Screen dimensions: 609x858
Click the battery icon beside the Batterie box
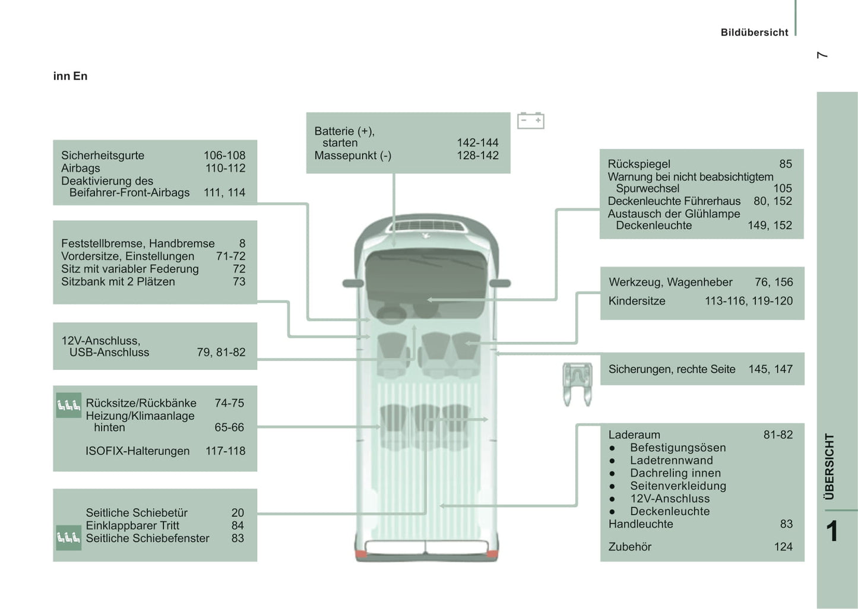(x=530, y=120)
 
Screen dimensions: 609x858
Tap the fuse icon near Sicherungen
(x=577, y=384)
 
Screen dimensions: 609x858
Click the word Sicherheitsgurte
(x=103, y=156)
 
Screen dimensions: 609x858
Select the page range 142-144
(x=477, y=142)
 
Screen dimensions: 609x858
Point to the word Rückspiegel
(x=639, y=164)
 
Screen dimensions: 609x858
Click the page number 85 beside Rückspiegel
(x=786, y=164)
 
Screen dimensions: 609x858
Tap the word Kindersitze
(x=637, y=301)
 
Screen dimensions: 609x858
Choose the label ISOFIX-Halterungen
(x=137, y=451)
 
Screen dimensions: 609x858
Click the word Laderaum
(x=634, y=434)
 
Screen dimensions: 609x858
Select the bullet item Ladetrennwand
(x=671, y=460)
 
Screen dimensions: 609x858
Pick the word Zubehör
(x=629, y=547)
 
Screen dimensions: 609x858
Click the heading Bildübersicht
(x=754, y=33)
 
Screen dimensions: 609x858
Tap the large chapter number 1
(x=832, y=531)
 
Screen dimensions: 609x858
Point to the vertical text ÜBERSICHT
(x=829, y=466)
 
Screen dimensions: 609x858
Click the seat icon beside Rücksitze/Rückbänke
(x=68, y=405)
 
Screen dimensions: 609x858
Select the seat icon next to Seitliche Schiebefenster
(x=68, y=538)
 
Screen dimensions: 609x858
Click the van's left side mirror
(x=353, y=283)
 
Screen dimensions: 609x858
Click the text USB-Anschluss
(x=109, y=353)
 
